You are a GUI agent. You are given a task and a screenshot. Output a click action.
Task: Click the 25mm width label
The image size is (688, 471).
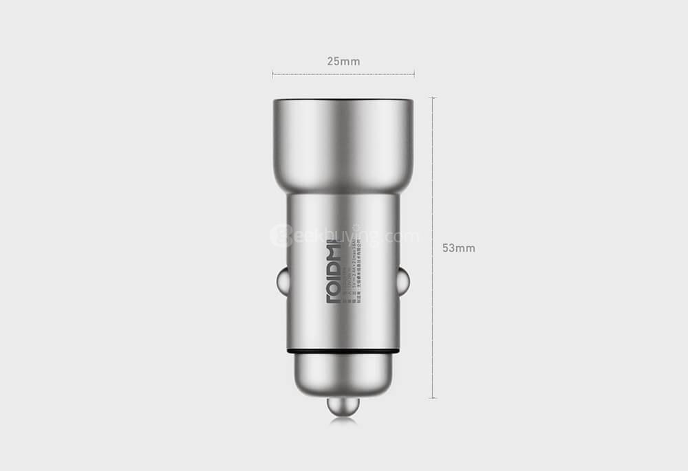[343, 61]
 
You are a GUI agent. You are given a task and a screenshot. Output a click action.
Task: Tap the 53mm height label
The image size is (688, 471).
[458, 248]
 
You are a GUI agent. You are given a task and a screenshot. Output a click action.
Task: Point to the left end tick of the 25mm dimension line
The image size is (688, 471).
[273, 74]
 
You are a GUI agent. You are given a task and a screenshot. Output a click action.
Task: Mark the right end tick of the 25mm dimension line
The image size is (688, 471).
[414, 74]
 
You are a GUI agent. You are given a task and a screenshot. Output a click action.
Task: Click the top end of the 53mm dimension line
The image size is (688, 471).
[433, 98]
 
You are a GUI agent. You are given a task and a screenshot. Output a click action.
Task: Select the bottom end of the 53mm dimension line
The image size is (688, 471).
[433, 398]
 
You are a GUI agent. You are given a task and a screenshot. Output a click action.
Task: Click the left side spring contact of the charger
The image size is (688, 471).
[281, 281]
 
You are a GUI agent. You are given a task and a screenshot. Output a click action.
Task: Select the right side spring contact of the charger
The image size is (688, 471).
[404, 281]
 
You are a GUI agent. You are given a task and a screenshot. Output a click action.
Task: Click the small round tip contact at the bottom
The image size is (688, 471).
[343, 406]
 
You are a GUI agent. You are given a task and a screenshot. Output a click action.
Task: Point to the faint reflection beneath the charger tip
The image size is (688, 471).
[343, 421]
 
